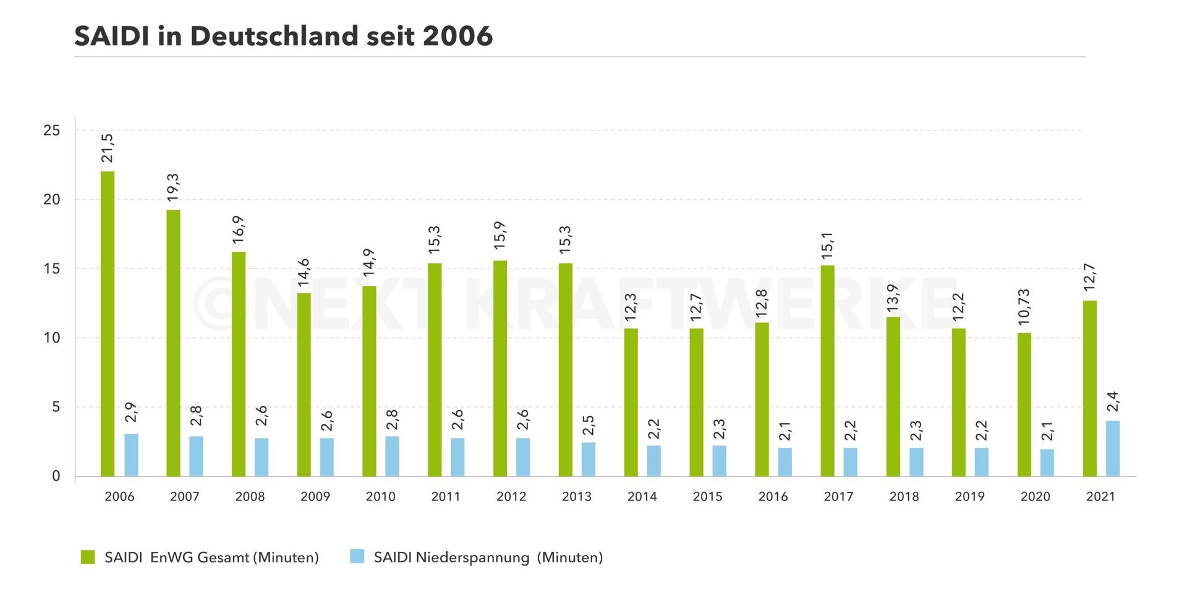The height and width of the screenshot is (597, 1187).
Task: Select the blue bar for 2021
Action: (x=1112, y=449)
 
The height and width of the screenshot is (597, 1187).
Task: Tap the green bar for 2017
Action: (x=827, y=371)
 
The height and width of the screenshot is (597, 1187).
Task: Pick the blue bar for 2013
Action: (x=588, y=459)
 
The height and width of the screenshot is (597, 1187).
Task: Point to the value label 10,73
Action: (x=1024, y=307)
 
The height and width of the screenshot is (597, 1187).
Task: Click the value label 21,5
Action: (x=108, y=148)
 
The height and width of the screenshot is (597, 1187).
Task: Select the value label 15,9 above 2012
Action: (x=500, y=236)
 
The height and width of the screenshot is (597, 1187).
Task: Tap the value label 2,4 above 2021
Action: (x=1112, y=402)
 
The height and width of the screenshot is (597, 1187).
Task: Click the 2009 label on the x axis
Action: (x=315, y=496)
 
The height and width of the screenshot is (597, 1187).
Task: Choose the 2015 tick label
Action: (x=707, y=496)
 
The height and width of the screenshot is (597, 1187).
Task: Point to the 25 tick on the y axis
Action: (x=52, y=131)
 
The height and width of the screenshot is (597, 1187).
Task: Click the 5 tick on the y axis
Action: (x=56, y=407)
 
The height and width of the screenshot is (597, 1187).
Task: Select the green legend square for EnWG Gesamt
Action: (x=88, y=557)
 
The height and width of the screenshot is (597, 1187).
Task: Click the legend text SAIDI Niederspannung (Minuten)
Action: (x=488, y=557)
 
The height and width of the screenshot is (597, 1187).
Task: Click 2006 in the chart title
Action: (x=457, y=36)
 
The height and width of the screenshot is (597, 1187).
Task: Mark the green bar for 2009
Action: (x=304, y=384)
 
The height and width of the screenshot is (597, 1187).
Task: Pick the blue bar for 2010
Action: (x=392, y=456)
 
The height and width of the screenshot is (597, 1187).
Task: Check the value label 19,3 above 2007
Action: (x=173, y=187)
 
